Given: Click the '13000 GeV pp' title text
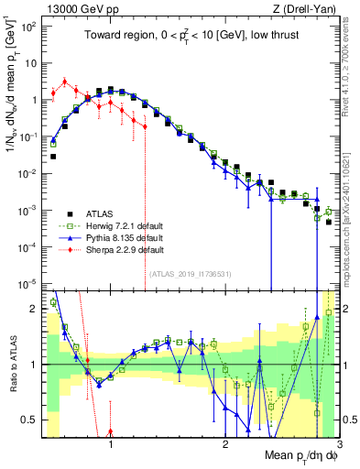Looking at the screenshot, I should pyautogui.click(x=80, y=9).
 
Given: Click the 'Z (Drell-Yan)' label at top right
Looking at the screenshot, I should pyautogui.click(x=300, y=9).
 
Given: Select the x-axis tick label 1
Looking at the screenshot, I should pyautogui.click(x=111, y=445).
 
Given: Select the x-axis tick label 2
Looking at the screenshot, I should pyautogui.click(x=225, y=445).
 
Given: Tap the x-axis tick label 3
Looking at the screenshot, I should pyautogui.click(x=338, y=445).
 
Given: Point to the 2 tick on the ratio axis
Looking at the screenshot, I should pyautogui.click(x=37, y=309).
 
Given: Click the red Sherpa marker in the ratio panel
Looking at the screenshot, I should pyautogui.click(x=111, y=431).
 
